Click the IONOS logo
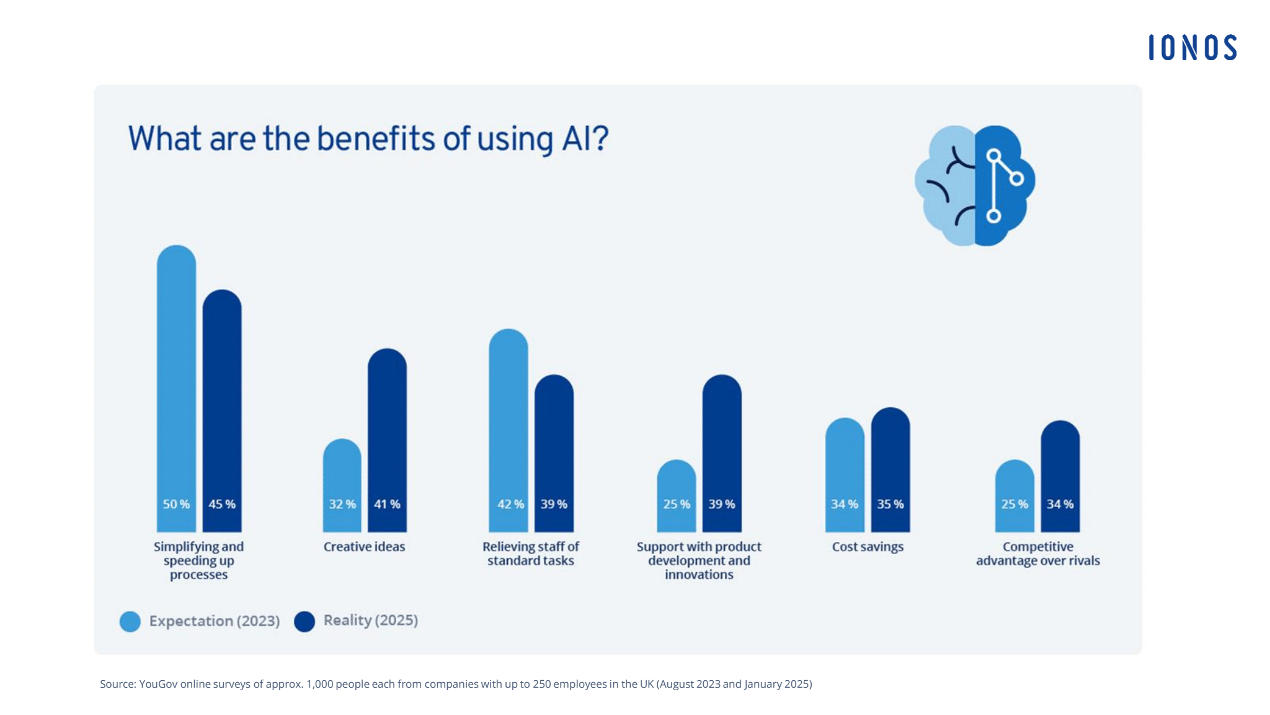(x=1192, y=48)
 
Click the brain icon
(x=975, y=186)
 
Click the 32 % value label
(x=342, y=504)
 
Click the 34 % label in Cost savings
(x=845, y=504)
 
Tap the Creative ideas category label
(x=364, y=547)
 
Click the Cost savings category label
(x=868, y=547)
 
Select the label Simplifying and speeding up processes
(x=198, y=560)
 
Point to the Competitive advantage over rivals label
(x=1037, y=554)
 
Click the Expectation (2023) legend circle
(x=130, y=621)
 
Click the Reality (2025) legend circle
(x=304, y=621)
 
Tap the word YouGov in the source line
(x=158, y=684)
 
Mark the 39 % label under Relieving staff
(x=554, y=504)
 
